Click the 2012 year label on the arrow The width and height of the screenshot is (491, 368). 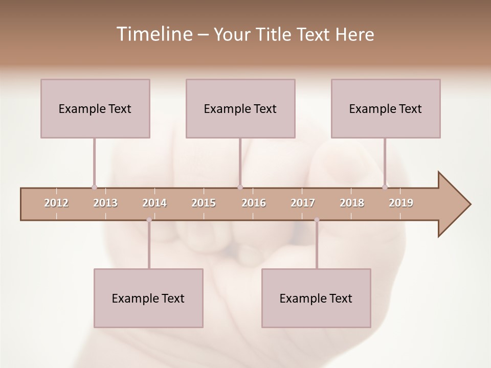pos(56,203)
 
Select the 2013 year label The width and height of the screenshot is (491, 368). pos(105,203)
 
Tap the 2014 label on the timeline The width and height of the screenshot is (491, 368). pos(154,203)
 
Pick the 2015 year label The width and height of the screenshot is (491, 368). pos(204,203)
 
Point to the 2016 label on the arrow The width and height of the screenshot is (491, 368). pos(254,203)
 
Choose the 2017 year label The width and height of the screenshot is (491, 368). pos(303,203)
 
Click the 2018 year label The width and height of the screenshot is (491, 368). pos(352,203)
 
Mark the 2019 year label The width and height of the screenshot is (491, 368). pos(401,203)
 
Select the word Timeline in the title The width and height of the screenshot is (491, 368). pos(154,34)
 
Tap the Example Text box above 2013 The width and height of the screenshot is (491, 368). pos(95,108)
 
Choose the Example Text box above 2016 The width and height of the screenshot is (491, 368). pos(240,108)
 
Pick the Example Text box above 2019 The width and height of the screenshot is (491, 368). pos(386,108)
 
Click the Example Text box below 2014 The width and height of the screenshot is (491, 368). pos(148,298)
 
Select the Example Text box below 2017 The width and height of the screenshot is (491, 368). pos(316,298)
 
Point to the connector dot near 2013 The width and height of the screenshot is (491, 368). pos(94,187)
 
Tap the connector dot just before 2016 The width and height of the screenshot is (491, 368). pos(240,187)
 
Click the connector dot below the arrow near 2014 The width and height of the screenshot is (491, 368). pos(149,220)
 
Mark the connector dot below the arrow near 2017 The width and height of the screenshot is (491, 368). pos(317,220)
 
